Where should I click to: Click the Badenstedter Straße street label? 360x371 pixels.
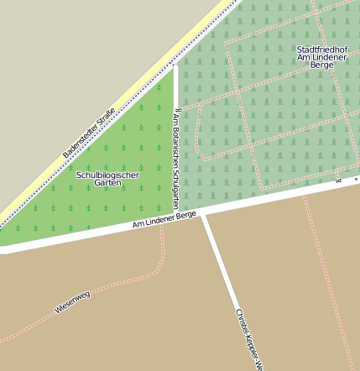click(88, 138)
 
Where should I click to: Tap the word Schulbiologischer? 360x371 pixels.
click(107, 175)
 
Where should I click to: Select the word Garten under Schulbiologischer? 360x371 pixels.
click(107, 183)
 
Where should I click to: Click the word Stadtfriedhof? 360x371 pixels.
click(322, 49)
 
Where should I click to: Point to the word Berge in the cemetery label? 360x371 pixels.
click(322, 65)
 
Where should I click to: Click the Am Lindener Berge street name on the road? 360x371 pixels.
click(164, 219)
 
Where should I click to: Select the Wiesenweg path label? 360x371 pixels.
click(72, 301)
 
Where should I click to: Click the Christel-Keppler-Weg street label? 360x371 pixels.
click(248, 338)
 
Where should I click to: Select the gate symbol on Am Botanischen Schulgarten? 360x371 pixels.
click(175, 108)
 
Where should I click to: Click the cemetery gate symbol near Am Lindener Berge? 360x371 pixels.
click(339, 180)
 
